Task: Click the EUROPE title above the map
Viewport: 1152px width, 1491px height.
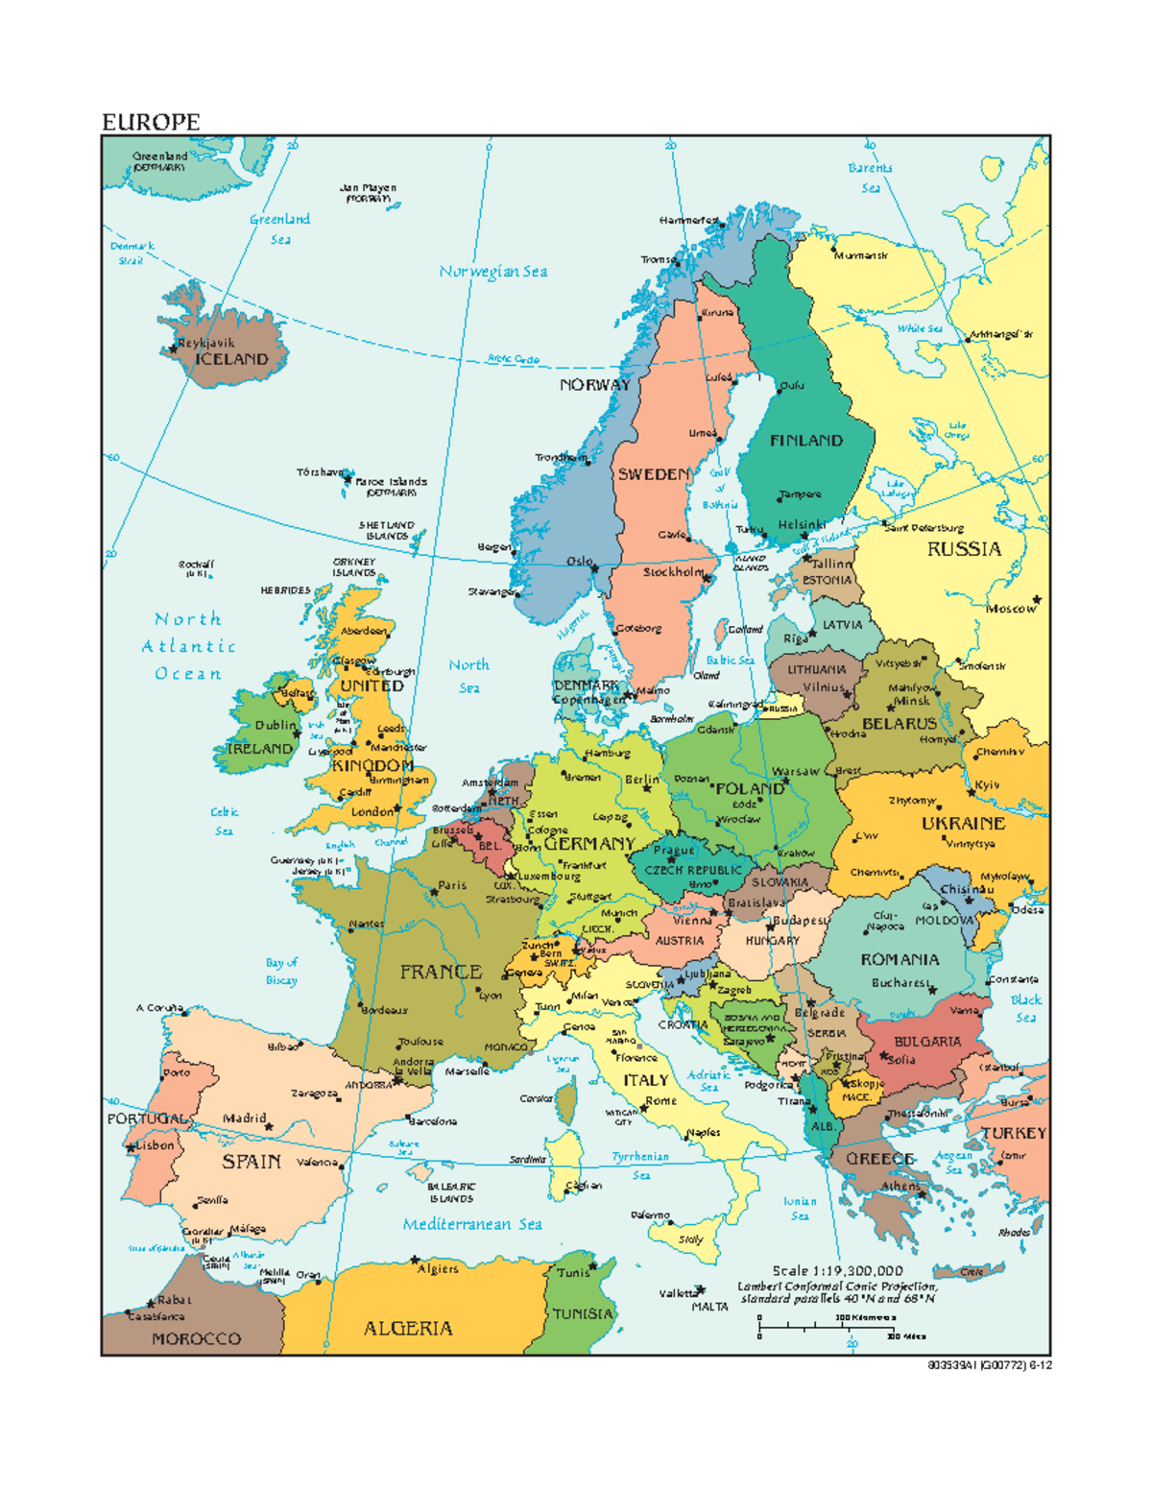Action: pos(151,122)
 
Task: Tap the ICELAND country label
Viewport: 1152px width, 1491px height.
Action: pos(231,359)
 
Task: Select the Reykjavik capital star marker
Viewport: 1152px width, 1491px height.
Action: pos(174,349)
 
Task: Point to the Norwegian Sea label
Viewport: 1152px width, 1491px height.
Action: pos(493,272)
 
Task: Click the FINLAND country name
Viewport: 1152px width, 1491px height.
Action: pos(805,441)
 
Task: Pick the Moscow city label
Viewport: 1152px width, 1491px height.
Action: pos(1010,609)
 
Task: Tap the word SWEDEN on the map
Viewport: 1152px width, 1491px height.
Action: pos(653,474)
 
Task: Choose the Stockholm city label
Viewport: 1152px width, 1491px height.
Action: pos(673,572)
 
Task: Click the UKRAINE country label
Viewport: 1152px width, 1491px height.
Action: pos(963,824)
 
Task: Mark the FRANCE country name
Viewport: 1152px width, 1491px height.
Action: pos(441,972)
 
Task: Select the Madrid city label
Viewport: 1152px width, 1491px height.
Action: pos(244,1118)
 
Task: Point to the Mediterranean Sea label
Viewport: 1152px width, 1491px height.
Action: pos(472,1224)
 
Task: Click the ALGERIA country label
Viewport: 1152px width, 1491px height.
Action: pos(408,1329)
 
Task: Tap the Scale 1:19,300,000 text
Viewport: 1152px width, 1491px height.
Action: pos(837,1270)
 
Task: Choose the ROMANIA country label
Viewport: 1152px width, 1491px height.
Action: pos(900,959)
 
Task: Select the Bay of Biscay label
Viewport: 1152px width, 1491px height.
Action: pos(281,971)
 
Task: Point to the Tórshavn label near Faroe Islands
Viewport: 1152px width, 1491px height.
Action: pos(320,472)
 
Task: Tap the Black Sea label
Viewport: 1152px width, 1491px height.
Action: pos(1025,1008)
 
